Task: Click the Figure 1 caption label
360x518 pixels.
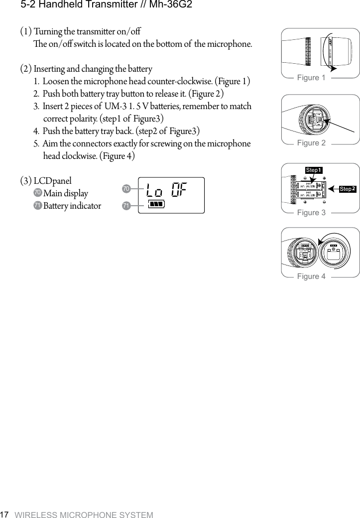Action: (311, 78)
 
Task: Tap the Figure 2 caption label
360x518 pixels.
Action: (311, 143)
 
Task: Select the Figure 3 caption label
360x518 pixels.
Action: (311, 213)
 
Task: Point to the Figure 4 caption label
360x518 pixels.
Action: (311, 276)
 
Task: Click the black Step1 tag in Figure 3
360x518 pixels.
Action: (314, 170)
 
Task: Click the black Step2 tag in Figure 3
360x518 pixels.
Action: (348, 189)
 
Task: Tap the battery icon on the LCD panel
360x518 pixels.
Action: (156, 204)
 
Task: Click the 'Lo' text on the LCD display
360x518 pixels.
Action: (154, 190)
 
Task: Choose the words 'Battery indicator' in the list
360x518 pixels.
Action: (72, 206)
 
